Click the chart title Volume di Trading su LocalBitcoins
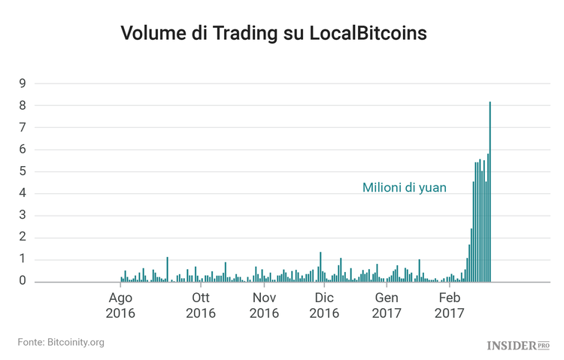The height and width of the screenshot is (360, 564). [x=274, y=34]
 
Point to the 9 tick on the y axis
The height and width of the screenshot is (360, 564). [x=23, y=83]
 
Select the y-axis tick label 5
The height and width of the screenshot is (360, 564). [x=23, y=171]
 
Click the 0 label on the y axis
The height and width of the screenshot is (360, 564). [x=23, y=281]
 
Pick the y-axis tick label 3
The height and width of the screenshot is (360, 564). [x=23, y=216]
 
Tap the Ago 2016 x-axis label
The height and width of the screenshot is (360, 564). [x=120, y=305]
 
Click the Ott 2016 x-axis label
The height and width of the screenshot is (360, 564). [x=200, y=305]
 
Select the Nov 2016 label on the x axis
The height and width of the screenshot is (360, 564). [x=264, y=305]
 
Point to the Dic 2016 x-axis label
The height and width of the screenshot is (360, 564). [x=324, y=305]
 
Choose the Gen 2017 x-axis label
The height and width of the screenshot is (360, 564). [x=387, y=305]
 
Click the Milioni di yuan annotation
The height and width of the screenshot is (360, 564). [x=405, y=188]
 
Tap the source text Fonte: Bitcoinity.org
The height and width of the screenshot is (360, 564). [x=61, y=343]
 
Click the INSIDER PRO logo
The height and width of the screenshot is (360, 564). [x=518, y=346]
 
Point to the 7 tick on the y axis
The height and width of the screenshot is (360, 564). [x=23, y=128]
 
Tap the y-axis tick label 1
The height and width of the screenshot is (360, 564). [x=23, y=259]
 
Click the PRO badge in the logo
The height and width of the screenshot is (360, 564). [x=544, y=345]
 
